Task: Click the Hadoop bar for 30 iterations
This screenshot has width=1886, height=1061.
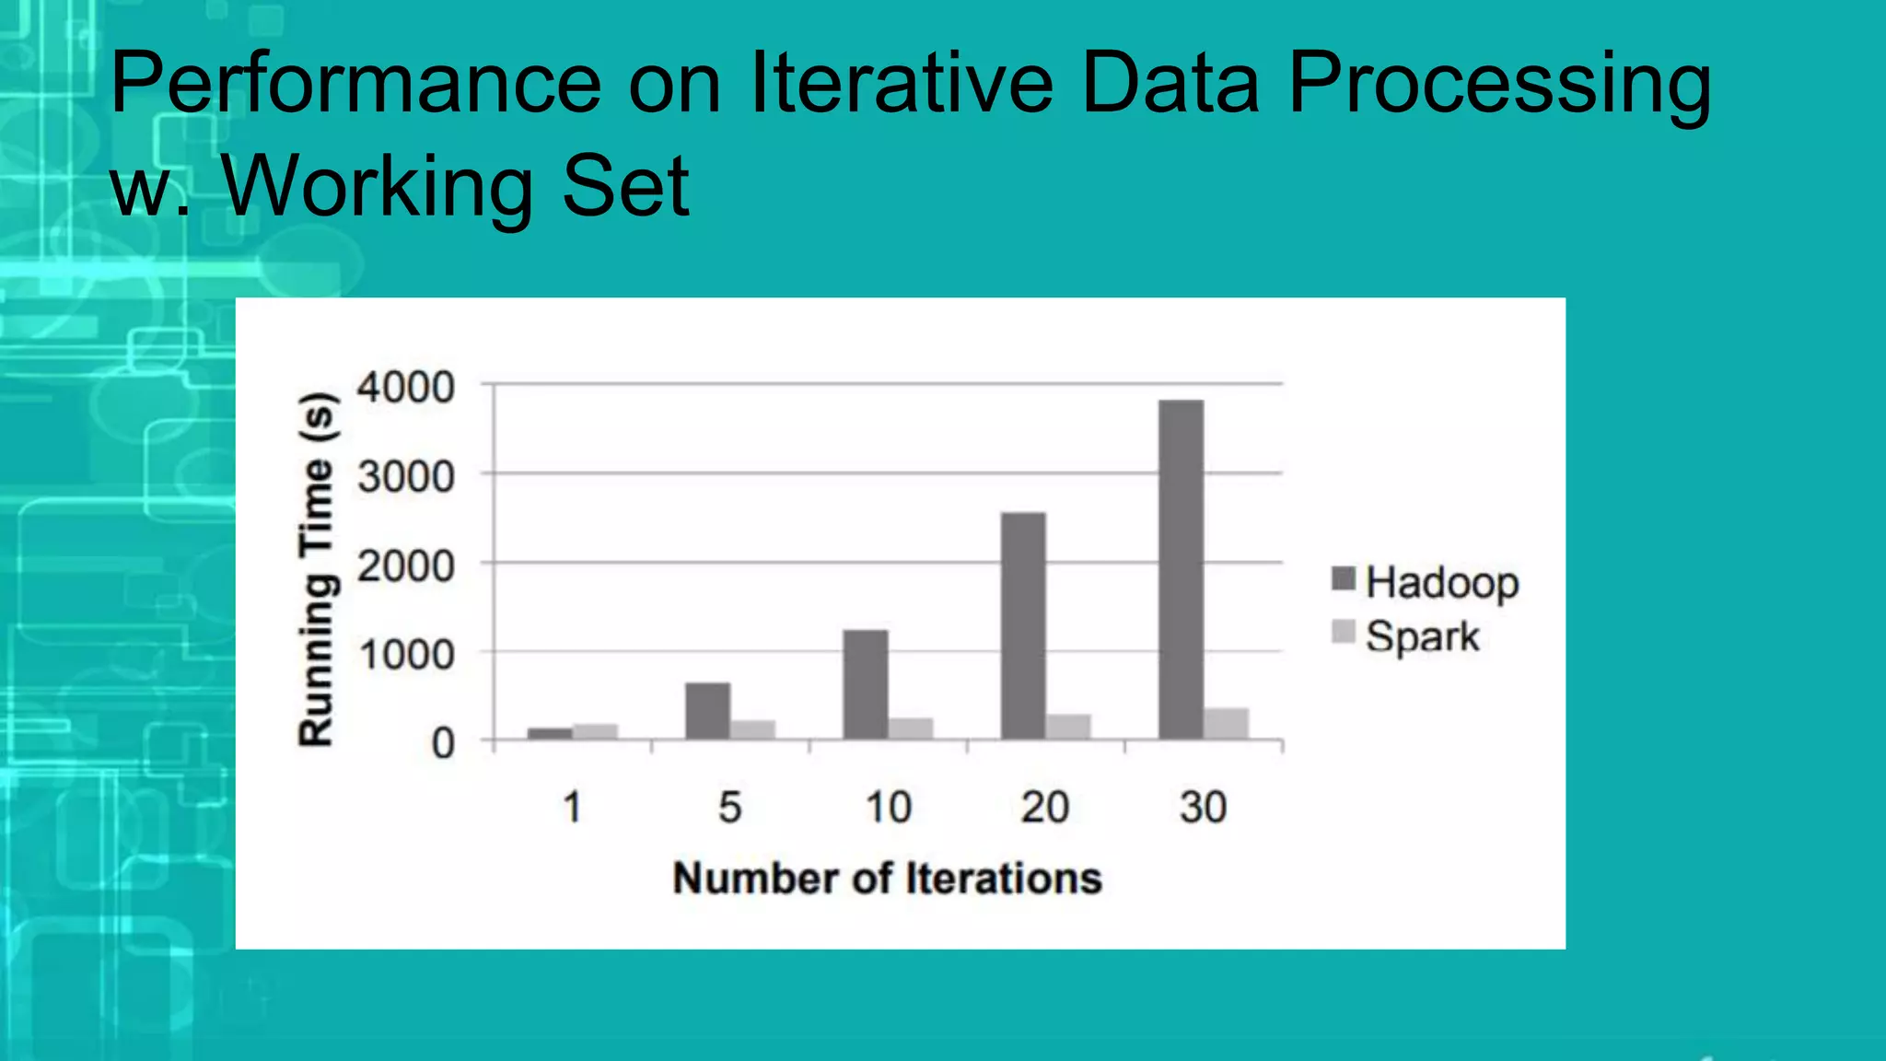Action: click(1181, 569)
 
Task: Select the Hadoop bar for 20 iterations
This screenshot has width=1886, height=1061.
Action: click(1023, 625)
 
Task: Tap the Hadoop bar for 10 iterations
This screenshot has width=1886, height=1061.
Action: click(866, 684)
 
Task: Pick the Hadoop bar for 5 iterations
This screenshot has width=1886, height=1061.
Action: click(707, 710)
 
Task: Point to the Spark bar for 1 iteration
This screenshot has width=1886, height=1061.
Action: click(595, 731)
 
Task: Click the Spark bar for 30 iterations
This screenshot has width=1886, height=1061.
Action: click(1226, 723)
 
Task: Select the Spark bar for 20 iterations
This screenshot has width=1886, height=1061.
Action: click(1068, 726)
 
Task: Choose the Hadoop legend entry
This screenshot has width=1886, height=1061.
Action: click(1425, 582)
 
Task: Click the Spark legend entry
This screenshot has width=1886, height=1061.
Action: click(1406, 635)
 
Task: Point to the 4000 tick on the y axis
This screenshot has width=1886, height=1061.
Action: click(406, 387)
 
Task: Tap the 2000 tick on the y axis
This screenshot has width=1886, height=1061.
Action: click(406, 565)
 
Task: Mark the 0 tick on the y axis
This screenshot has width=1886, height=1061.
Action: click(443, 742)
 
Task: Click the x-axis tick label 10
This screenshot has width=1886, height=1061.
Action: click(888, 808)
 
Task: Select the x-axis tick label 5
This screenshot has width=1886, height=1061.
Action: click(729, 808)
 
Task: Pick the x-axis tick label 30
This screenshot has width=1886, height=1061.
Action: click(1203, 808)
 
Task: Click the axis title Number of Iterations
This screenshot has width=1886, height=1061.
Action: click(887, 878)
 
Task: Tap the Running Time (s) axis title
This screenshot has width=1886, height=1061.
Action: click(317, 568)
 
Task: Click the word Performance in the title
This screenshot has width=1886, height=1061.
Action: click(355, 85)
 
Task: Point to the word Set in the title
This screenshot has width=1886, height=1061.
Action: click(625, 186)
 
